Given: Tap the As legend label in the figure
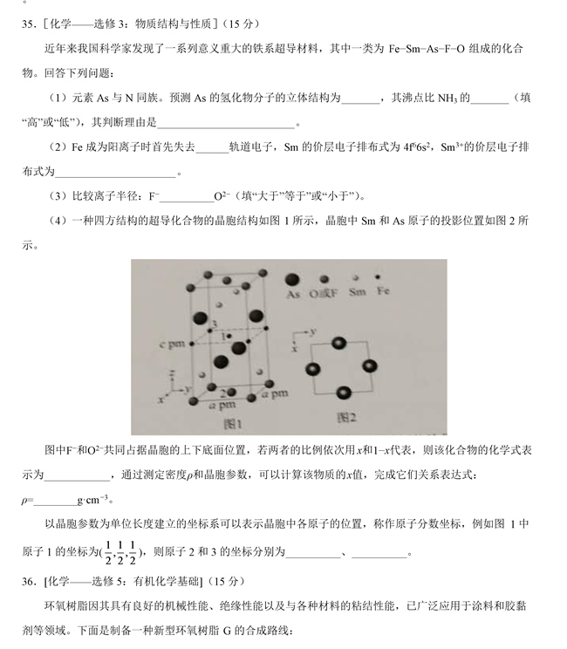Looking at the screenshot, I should [295, 295].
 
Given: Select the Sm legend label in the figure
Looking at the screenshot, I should [357, 293].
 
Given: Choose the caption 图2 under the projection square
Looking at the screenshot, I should [347, 417].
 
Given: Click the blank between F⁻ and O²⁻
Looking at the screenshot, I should [182, 196].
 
